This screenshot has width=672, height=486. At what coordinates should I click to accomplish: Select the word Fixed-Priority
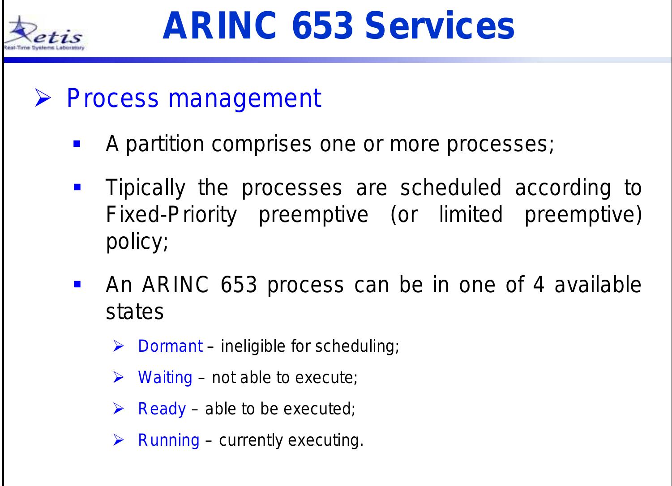[171, 216]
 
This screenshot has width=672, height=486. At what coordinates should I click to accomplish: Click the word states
[134, 312]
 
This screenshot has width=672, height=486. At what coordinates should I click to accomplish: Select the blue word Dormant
[171, 346]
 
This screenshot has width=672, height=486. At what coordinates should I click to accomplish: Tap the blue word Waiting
[165, 378]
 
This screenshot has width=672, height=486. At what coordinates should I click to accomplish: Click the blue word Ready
[162, 409]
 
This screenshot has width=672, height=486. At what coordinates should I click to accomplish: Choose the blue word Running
[168, 440]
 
